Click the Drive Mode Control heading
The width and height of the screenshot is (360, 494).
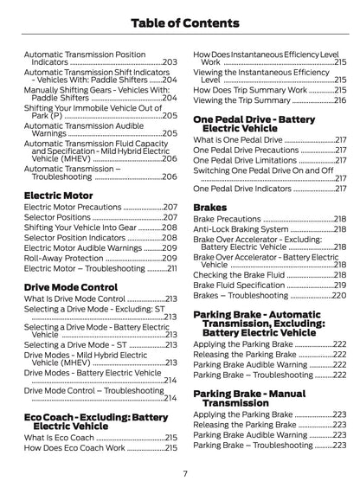point(70,285)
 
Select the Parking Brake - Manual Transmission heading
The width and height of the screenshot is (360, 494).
point(249,398)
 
